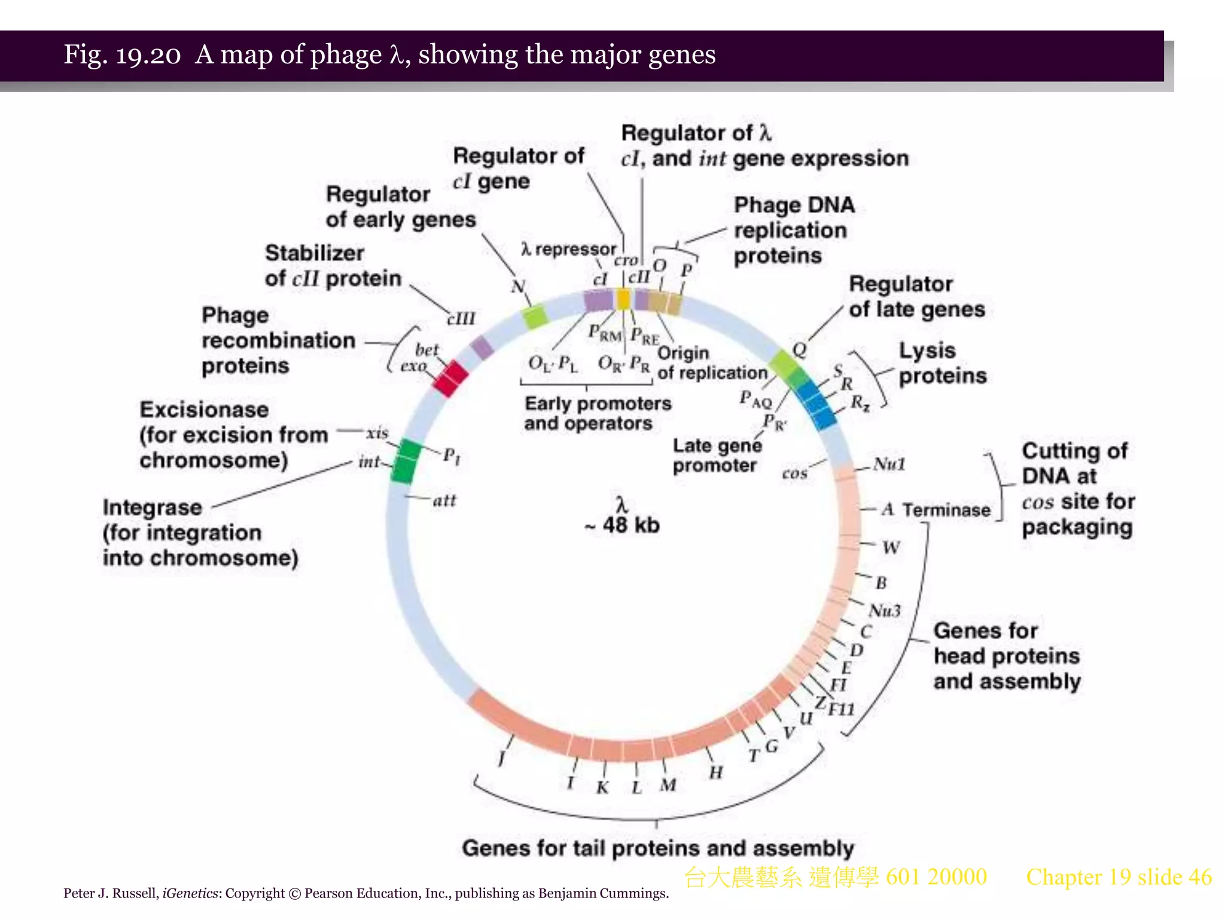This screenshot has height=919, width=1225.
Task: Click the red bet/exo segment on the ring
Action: (x=450, y=378)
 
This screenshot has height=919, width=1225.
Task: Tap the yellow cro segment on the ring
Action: (x=623, y=299)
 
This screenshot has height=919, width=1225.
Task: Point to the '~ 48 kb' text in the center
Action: (x=622, y=525)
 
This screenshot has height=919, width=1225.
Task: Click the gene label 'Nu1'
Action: (x=889, y=464)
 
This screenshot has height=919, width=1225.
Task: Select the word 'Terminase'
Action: (x=946, y=510)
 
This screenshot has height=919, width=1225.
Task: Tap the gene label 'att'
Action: (x=444, y=500)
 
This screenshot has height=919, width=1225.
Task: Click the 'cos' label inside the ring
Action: (x=794, y=473)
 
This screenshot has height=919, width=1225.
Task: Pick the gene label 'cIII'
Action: (x=461, y=318)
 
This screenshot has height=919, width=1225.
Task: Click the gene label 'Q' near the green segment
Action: (x=799, y=349)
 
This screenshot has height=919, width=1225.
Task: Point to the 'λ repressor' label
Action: (x=568, y=249)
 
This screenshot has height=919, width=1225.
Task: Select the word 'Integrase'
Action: (x=153, y=507)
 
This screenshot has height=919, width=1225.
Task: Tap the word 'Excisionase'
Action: (x=204, y=410)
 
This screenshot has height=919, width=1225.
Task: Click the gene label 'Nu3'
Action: (x=885, y=611)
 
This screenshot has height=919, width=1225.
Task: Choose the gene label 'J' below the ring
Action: (x=501, y=759)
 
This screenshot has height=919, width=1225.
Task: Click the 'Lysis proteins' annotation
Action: (x=941, y=363)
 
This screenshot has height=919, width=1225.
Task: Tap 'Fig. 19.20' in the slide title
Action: (x=121, y=54)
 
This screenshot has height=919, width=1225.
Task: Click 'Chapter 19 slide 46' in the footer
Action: (x=1119, y=877)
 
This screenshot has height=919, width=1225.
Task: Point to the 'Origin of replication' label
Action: (x=711, y=363)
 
